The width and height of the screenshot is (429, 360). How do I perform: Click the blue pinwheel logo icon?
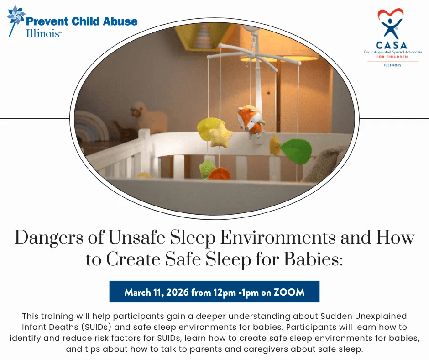pyautogui.click(x=16, y=17)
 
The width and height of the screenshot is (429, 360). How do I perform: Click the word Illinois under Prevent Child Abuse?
pyautogui.click(x=43, y=33)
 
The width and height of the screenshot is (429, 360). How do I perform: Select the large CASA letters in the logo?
pyautogui.click(x=392, y=45)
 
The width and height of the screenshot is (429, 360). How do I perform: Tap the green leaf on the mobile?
pyautogui.click(x=296, y=151)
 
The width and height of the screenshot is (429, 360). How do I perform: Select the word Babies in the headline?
pyautogui.click(x=313, y=259)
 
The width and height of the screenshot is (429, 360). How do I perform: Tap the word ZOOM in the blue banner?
pyautogui.click(x=289, y=292)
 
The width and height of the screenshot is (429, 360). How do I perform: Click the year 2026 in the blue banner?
pyautogui.click(x=177, y=292)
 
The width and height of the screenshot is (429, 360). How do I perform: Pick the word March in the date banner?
pyautogui.click(x=138, y=292)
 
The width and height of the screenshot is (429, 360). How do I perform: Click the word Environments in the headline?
pyautogui.click(x=277, y=237)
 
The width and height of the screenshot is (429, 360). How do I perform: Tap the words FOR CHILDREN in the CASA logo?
pyautogui.click(x=392, y=57)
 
